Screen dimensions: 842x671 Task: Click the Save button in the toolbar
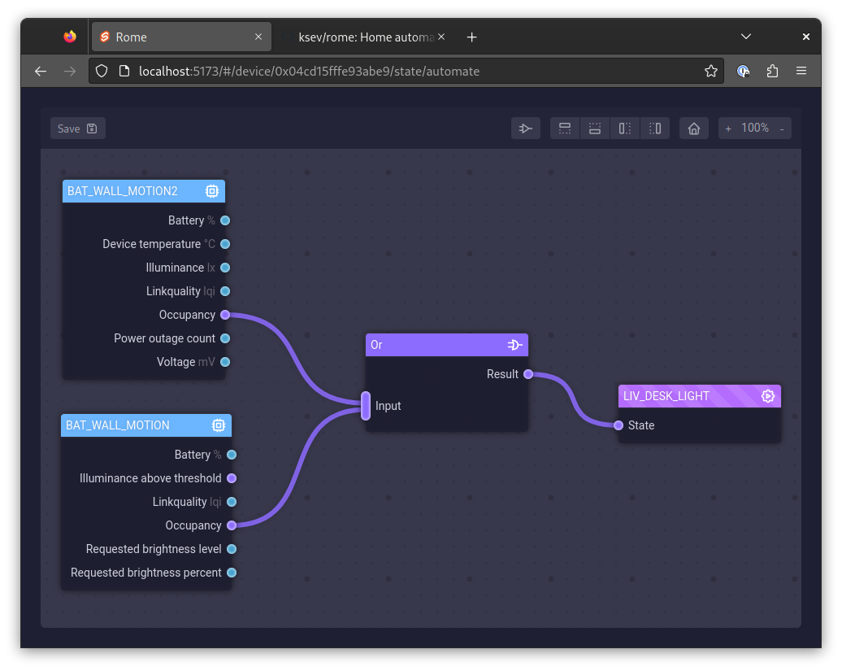click(x=78, y=129)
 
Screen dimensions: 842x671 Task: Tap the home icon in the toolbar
click(x=694, y=129)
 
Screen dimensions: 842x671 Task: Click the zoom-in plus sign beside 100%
click(x=728, y=129)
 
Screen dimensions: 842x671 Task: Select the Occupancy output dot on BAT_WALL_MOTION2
click(x=225, y=315)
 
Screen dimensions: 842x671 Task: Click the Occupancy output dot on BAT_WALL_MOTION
click(x=232, y=525)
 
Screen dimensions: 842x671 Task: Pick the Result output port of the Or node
click(x=528, y=374)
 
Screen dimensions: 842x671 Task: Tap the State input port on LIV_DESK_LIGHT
click(x=618, y=425)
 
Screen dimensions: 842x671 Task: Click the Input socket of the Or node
click(x=366, y=406)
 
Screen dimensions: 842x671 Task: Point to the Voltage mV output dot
click(x=225, y=362)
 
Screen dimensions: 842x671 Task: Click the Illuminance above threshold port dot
click(x=232, y=478)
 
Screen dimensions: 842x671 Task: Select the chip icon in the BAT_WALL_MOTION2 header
click(x=212, y=191)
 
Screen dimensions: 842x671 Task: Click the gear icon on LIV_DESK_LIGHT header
click(x=768, y=396)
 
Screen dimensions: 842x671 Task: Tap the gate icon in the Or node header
click(x=515, y=345)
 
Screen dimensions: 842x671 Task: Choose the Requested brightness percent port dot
click(x=232, y=573)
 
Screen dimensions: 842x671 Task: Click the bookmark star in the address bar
click(x=711, y=71)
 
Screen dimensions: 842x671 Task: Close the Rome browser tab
click(x=258, y=37)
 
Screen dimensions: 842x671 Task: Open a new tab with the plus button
click(x=471, y=37)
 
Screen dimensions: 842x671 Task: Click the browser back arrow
click(x=41, y=71)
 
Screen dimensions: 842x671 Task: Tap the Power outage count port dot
click(x=225, y=338)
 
